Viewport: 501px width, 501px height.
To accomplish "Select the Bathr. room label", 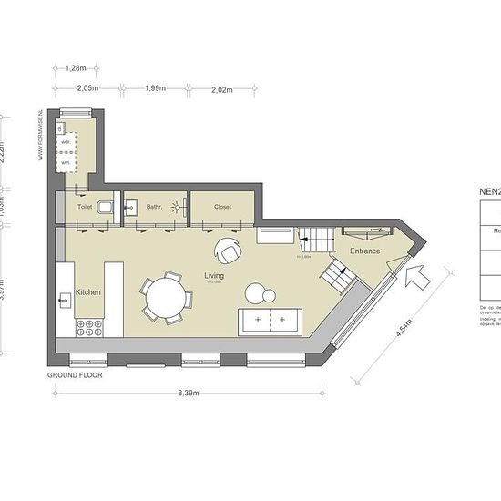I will (x=154, y=207).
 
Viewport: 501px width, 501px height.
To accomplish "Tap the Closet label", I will (x=222, y=207).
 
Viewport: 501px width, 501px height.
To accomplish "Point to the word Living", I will (x=215, y=275).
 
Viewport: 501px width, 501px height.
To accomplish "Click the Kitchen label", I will (x=88, y=291).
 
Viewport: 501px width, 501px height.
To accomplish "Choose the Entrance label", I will (x=364, y=250).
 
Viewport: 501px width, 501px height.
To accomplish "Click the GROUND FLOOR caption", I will (x=75, y=374).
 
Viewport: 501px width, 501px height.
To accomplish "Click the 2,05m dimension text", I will (x=87, y=88).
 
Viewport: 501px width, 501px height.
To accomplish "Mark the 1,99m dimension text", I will (x=156, y=88).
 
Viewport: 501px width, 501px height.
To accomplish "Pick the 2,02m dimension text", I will (x=221, y=88).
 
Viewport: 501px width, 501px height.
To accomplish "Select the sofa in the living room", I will (x=271, y=322).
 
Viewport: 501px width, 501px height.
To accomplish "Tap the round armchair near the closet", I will (x=228, y=249).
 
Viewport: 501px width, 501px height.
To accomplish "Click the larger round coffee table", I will (x=255, y=292).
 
